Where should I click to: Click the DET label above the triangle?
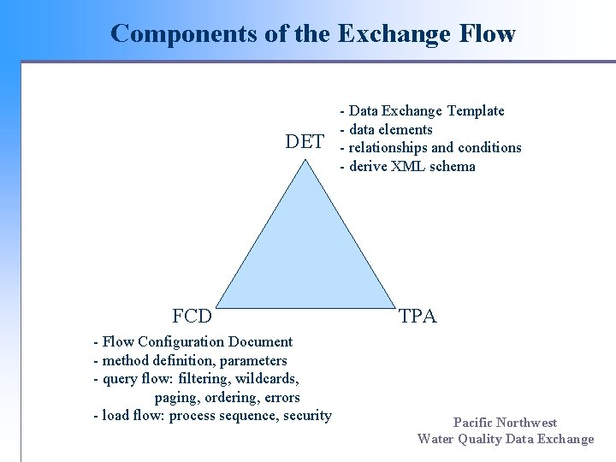coord(305,142)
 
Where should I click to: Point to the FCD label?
coord(192,317)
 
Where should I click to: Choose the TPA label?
coord(418,317)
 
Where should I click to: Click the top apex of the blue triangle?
coord(305,159)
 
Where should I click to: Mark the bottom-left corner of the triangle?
coord(212,305)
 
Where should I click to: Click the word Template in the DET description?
coord(476,110)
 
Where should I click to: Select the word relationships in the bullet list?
coord(390,147)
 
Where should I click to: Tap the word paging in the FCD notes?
coord(175,397)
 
